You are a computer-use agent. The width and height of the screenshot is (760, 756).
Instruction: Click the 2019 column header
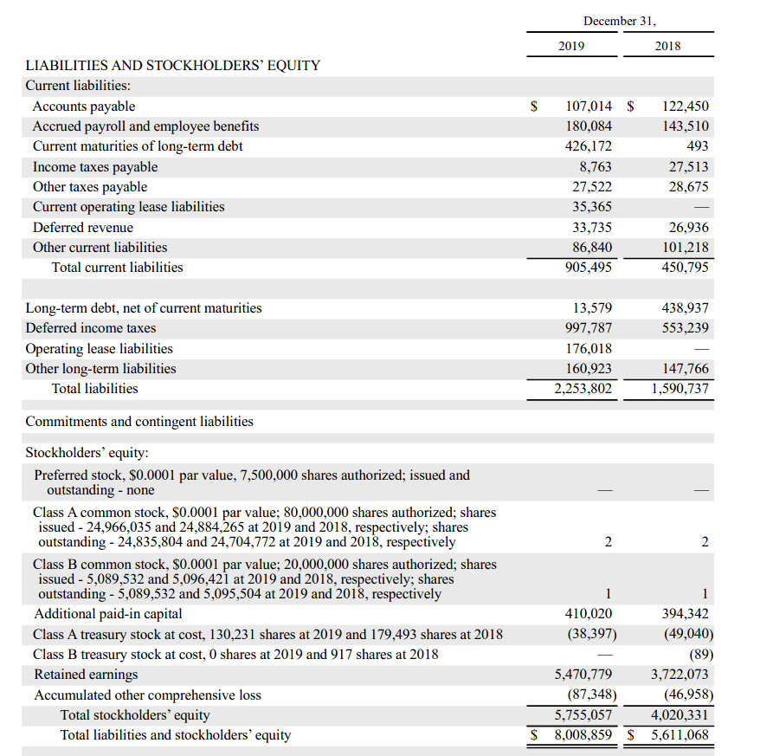(571, 46)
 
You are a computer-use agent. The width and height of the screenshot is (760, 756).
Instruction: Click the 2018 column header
(668, 46)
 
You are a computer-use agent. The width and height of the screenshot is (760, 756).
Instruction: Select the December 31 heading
(620, 21)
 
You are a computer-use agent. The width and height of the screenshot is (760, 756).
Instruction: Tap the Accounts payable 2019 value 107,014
(589, 107)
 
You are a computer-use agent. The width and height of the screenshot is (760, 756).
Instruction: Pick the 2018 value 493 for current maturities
(697, 146)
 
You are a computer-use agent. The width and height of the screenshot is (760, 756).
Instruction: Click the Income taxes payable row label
(95, 167)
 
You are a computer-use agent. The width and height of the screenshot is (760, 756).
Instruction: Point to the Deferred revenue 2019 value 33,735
(592, 228)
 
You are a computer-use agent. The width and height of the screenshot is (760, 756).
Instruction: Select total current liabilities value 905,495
(589, 268)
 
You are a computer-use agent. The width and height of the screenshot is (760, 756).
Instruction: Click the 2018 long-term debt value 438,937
(685, 308)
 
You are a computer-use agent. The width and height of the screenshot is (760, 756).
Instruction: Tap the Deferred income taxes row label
(91, 328)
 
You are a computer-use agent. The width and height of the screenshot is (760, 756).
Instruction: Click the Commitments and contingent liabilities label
(139, 422)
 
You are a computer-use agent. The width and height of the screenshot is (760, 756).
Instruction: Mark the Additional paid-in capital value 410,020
(589, 614)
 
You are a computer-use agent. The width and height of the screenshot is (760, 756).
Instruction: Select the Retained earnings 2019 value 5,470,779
(583, 674)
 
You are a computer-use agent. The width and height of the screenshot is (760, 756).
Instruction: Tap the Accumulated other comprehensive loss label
(147, 695)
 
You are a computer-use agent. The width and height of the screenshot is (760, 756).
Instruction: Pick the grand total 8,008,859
(583, 735)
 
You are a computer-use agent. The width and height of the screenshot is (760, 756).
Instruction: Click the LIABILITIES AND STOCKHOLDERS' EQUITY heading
(173, 65)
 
